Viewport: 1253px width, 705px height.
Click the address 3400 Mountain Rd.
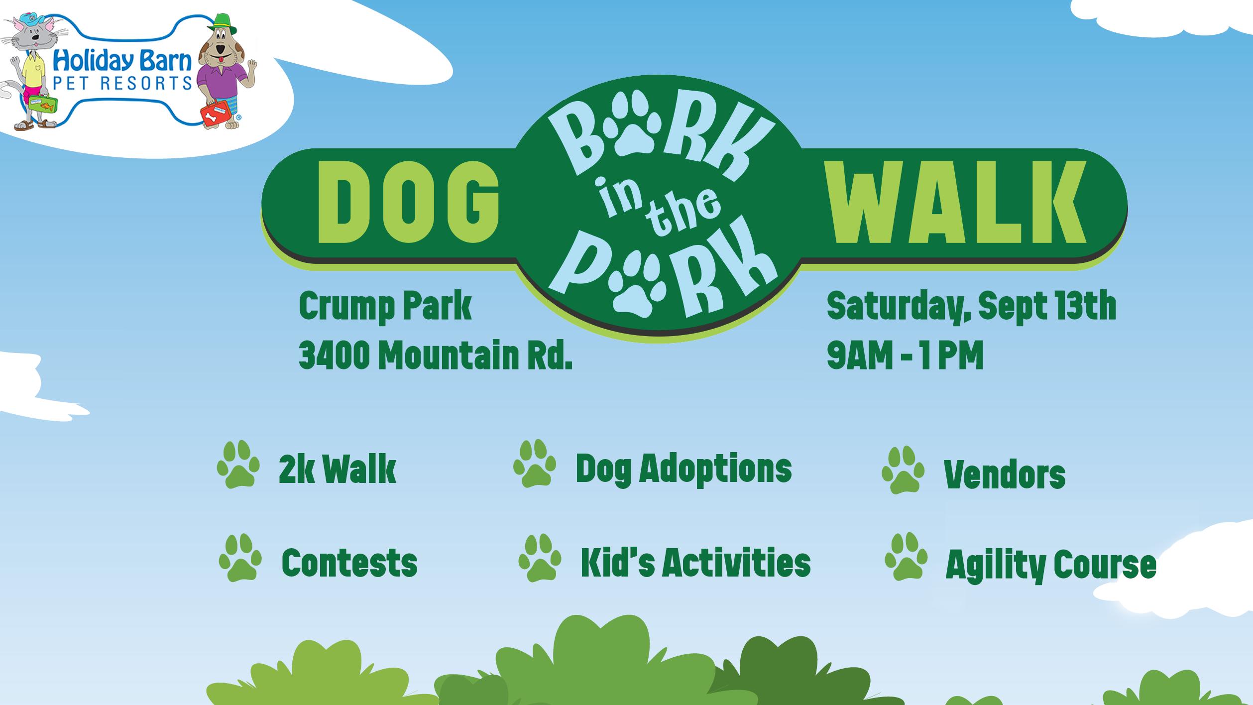point(435,355)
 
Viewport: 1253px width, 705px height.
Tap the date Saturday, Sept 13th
point(971,307)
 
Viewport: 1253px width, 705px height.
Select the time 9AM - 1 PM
point(905,355)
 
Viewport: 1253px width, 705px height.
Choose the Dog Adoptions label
point(683,469)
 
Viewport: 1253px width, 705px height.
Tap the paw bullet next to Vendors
point(903,470)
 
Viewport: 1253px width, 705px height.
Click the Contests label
point(349,563)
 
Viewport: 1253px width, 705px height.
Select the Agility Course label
point(1050,565)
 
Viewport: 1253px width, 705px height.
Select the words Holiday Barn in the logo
point(122,61)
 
